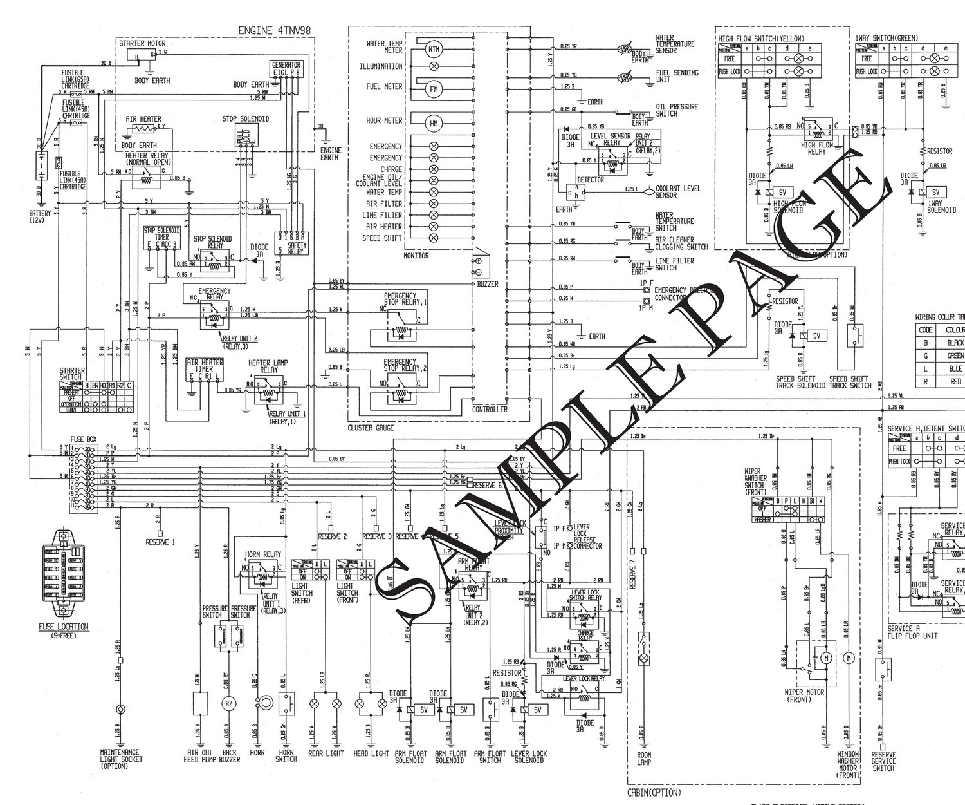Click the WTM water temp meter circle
433,48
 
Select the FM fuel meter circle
433,90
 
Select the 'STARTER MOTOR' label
142,43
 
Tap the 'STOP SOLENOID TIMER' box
159,239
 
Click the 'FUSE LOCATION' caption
62,626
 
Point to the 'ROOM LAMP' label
644,759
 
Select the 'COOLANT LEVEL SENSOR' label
679,192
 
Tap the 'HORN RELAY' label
262,554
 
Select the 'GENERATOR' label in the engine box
286,64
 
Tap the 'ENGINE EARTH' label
331,153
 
